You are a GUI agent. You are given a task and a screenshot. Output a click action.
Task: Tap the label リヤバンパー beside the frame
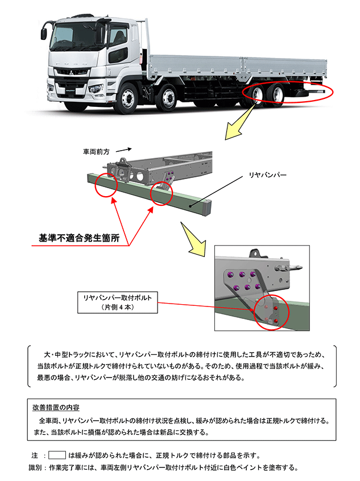click(268, 175)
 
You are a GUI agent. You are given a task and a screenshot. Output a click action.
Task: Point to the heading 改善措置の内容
click(56, 407)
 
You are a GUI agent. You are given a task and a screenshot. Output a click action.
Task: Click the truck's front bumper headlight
click(95, 89)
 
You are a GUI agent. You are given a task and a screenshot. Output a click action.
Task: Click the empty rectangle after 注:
click(57, 455)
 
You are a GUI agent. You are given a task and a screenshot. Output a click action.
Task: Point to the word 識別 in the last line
click(36, 467)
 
